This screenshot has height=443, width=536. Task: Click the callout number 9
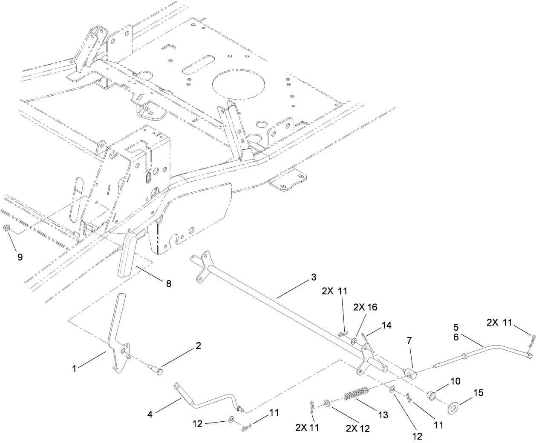(x=20, y=257)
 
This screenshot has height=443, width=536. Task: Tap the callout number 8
(x=169, y=284)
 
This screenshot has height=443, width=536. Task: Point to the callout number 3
(x=313, y=277)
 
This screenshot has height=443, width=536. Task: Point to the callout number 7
(x=409, y=340)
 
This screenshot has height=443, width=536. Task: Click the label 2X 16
(x=365, y=306)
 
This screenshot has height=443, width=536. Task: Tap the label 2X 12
(x=357, y=429)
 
